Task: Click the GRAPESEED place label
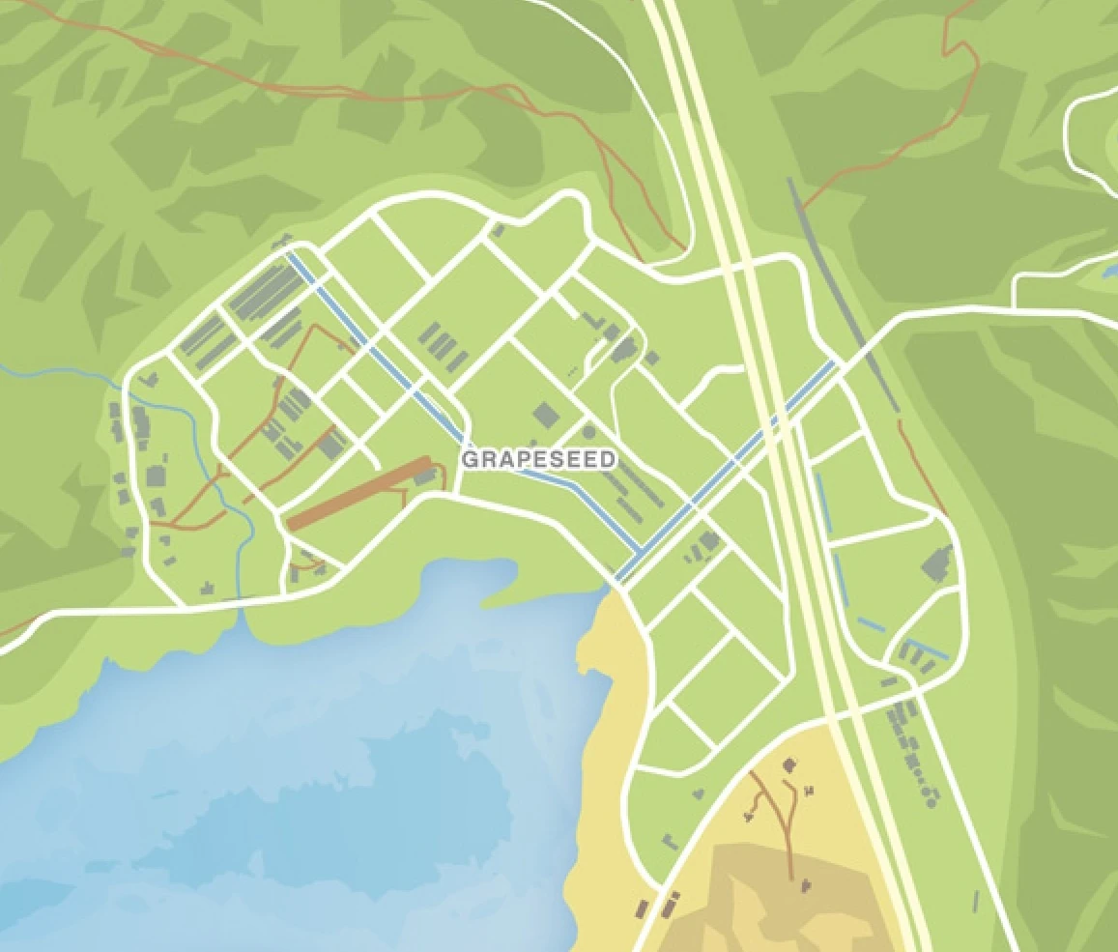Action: [x=538, y=459]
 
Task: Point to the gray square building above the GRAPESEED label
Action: [x=545, y=417]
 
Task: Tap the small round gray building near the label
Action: [x=588, y=431]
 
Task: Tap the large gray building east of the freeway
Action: [x=936, y=563]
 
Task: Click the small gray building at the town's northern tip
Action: [x=498, y=231]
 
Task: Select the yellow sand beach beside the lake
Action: [x=604, y=773]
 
